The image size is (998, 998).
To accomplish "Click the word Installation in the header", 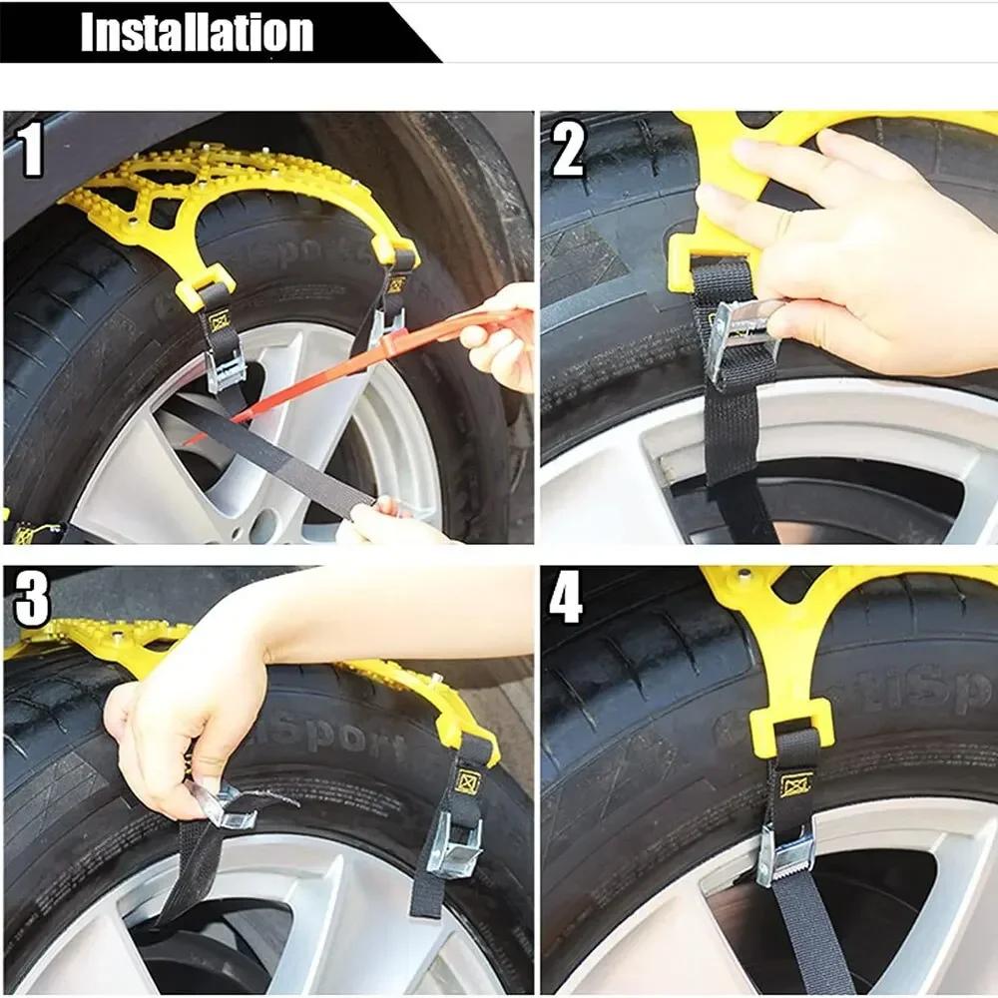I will (x=197, y=32).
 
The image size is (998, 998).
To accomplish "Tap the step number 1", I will (x=32, y=151).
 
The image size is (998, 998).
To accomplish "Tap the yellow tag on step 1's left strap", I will (x=218, y=321).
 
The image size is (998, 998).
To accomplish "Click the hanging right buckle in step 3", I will (x=455, y=843).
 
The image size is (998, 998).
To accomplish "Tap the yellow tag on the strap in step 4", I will (x=795, y=785).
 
